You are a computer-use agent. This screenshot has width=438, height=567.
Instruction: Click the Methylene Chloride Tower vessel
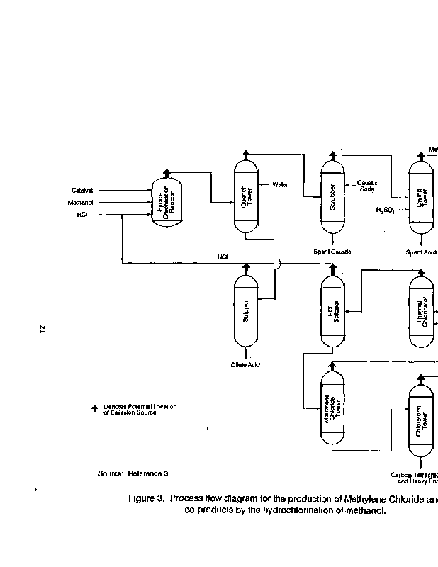pos(332,411)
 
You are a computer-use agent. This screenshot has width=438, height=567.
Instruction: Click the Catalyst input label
pos(82,190)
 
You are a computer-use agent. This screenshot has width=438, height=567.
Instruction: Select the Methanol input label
pos(81,202)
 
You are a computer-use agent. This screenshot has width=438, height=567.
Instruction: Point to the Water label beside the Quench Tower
pos(281,184)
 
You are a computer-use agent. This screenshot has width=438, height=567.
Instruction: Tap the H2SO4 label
pos(385,210)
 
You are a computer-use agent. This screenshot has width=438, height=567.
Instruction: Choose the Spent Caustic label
pos(332,252)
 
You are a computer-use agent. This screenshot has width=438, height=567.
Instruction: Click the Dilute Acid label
pos(246,364)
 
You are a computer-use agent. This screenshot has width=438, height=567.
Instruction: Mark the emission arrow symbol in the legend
pos(94,408)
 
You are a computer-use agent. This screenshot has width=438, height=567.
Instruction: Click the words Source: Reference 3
pos(133,473)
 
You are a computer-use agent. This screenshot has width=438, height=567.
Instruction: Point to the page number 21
pos(43,329)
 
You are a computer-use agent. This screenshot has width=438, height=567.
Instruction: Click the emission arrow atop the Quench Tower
pos(246,155)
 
